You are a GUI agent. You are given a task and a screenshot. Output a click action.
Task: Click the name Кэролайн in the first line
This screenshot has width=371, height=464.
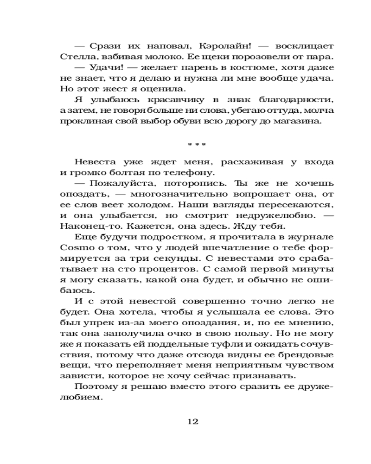point(219,47)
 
